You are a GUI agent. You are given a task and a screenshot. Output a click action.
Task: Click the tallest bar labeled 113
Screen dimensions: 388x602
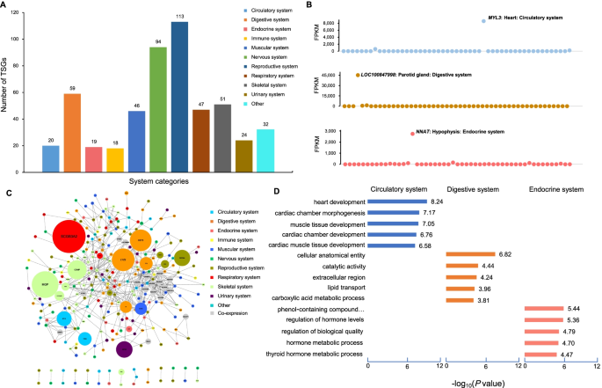(179, 97)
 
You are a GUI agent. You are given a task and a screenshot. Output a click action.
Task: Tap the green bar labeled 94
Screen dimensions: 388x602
(158, 110)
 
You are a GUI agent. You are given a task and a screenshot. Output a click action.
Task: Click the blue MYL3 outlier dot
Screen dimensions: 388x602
(483, 20)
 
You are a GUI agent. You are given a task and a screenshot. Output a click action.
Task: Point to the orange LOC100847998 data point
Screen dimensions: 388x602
(358, 76)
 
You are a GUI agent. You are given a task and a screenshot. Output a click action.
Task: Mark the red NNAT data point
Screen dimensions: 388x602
(412, 134)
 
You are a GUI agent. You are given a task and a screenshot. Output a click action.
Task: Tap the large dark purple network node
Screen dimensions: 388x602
(124, 349)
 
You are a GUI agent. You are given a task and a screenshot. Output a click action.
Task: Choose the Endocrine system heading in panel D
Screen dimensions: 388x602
(555, 189)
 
